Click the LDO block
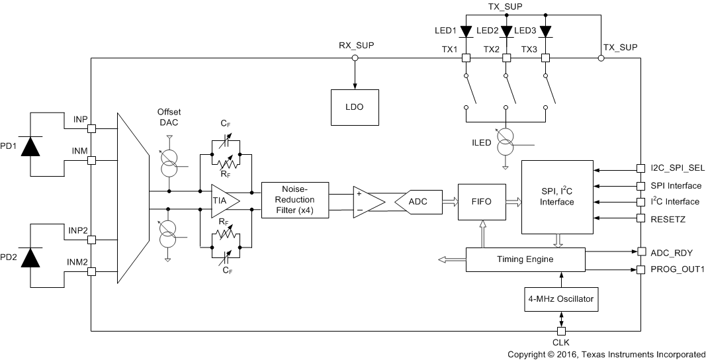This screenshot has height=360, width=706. tap(355, 107)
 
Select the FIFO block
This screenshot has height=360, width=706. tap(481, 201)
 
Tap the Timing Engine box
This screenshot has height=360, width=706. tap(526, 259)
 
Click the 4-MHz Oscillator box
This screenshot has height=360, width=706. tap(560, 299)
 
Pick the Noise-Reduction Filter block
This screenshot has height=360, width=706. tap(295, 201)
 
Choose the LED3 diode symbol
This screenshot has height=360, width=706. tap(546, 31)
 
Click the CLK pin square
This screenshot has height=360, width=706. tap(561, 331)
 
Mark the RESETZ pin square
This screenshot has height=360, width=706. tap(640, 218)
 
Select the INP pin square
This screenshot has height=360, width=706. tap(91, 128)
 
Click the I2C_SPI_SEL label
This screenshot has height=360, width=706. tap(676, 169)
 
